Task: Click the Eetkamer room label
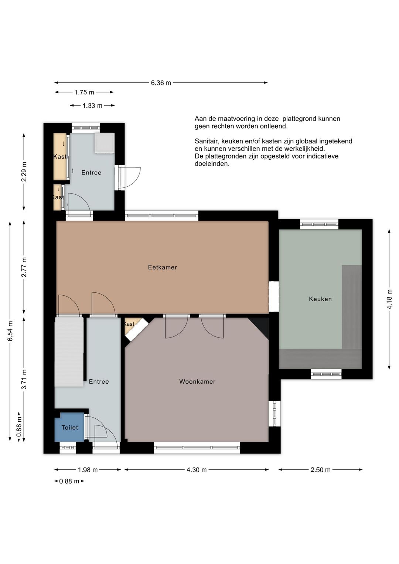click(162, 267)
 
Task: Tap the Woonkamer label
click(197, 381)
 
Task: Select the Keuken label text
click(320, 299)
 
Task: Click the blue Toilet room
click(69, 427)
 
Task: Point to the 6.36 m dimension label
click(161, 83)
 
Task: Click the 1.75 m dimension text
click(84, 92)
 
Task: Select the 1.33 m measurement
click(92, 105)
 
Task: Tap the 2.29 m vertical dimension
click(24, 172)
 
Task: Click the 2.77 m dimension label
click(24, 267)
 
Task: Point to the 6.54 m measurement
click(10, 331)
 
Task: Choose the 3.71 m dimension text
click(24, 379)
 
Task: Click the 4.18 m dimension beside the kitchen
click(389, 299)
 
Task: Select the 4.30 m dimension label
click(197, 470)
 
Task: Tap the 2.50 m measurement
click(320, 470)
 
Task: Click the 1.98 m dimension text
click(88, 470)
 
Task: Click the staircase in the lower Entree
click(69, 352)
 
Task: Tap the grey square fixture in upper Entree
click(105, 143)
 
